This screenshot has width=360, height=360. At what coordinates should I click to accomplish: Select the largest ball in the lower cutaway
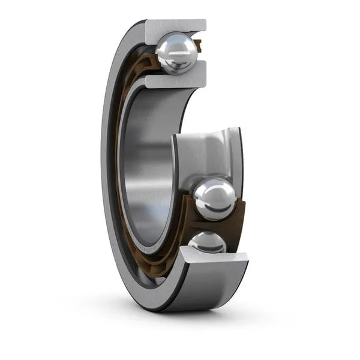(215, 198)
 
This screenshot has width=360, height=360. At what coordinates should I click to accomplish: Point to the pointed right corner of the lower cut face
(247, 257)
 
